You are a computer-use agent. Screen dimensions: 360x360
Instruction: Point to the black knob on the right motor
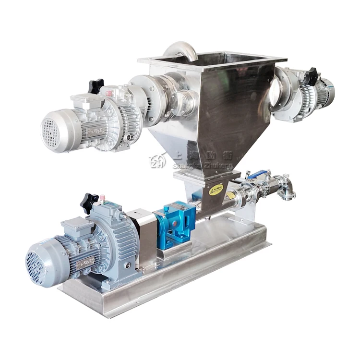pyautogui.click(x=312, y=76)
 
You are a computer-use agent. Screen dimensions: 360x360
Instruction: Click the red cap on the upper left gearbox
pyautogui.click(x=109, y=91)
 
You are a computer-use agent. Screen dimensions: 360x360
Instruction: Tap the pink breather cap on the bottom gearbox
pyautogui.click(x=102, y=197)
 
